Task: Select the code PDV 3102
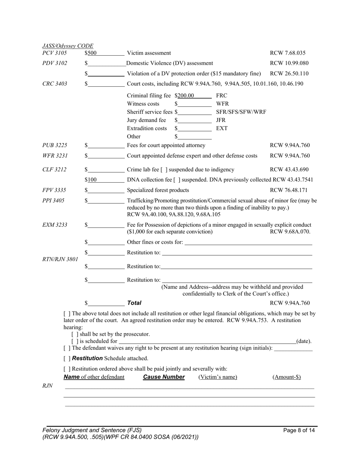point(55,63)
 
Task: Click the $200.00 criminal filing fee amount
point(186,96)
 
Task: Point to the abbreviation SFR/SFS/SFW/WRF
point(241,112)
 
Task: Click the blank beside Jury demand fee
point(194,120)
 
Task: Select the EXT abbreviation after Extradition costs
point(222,128)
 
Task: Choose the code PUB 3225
point(55,145)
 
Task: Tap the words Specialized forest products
point(158,190)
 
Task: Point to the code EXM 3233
point(55,225)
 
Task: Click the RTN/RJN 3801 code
point(60,260)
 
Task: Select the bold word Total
point(134,303)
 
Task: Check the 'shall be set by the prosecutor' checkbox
point(74,335)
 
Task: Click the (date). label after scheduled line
point(304,341)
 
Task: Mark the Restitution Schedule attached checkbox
point(67,358)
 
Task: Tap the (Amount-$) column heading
point(286,377)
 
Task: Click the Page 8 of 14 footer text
point(299,430)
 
